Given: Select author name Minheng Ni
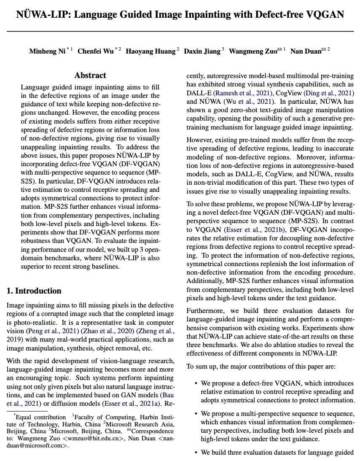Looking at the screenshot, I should [47, 51].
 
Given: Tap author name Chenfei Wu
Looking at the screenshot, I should [95, 51].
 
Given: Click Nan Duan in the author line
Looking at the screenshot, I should [306, 51].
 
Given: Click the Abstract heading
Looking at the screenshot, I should [90, 75].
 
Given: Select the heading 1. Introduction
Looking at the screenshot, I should [34, 291].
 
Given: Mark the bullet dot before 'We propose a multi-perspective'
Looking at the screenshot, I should [196, 414].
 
